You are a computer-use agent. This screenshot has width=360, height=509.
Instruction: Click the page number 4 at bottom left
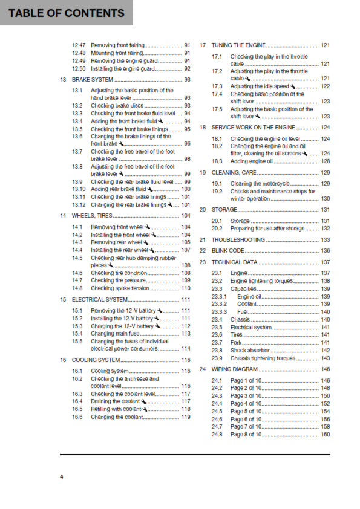point(61,478)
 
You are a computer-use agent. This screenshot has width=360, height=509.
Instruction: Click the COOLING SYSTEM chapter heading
point(96,360)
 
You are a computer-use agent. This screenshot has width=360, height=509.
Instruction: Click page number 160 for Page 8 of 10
point(325,435)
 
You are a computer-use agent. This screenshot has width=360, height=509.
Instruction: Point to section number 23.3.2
point(219,304)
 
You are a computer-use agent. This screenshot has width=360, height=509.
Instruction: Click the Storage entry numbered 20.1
point(240,221)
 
